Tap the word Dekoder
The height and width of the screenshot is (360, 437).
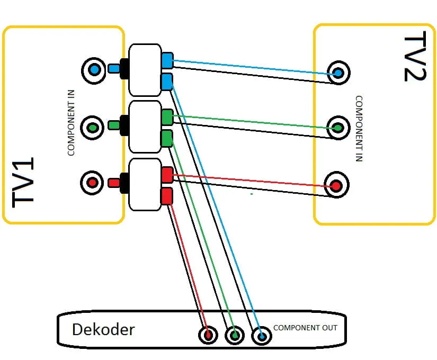pyautogui.click(x=103, y=330)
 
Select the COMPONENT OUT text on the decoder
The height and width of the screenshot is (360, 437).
pyautogui.click(x=305, y=328)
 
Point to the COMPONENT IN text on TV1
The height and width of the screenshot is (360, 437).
pyautogui.click(x=72, y=129)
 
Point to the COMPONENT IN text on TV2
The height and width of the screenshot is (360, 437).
pyautogui.click(x=359, y=128)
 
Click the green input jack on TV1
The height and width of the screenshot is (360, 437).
pyautogui.click(x=93, y=127)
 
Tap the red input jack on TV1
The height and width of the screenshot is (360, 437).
pyautogui.click(x=92, y=183)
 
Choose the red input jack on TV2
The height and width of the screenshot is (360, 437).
pyautogui.click(x=335, y=185)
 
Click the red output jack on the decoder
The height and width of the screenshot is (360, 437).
pyautogui.click(x=208, y=335)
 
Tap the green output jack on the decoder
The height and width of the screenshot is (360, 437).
pyautogui.click(x=234, y=335)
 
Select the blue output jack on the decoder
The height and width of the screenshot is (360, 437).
pyautogui.click(x=261, y=336)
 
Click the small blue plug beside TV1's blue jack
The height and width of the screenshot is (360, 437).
pyautogui.click(x=113, y=68)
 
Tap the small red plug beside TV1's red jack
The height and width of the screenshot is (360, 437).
pyautogui.click(x=113, y=183)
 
